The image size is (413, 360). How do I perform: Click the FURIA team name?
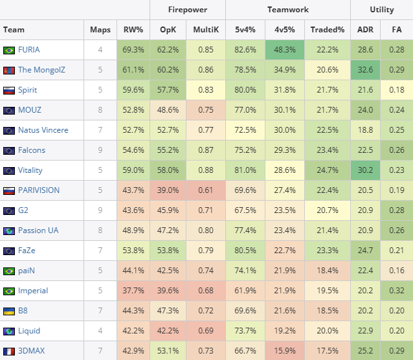click(x=28, y=50)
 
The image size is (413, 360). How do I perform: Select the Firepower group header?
click(x=188, y=10)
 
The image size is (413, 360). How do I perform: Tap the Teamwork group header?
click(x=287, y=10)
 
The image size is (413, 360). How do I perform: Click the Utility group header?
click(x=382, y=10)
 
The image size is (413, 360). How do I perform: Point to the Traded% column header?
click(x=327, y=30)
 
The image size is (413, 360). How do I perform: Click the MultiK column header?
click(x=206, y=30)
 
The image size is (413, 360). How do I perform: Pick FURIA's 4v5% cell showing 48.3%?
click(x=285, y=50)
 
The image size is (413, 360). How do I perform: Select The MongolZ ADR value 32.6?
click(x=365, y=70)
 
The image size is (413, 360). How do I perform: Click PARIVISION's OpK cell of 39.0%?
click(x=169, y=190)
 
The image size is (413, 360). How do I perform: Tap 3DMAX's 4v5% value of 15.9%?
click(x=285, y=351)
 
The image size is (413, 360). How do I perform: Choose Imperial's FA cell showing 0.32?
click(x=397, y=291)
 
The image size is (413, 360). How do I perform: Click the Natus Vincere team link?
click(x=43, y=130)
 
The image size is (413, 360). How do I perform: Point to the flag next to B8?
click(x=9, y=311)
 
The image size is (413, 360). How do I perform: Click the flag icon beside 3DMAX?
click(x=9, y=351)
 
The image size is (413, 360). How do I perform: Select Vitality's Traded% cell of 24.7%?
click(x=327, y=170)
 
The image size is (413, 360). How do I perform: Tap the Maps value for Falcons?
click(x=100, y=150)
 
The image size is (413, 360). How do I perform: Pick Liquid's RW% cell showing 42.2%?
click(x=133, y=331)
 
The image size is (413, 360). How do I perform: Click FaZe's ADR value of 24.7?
click(x=365, y=251)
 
